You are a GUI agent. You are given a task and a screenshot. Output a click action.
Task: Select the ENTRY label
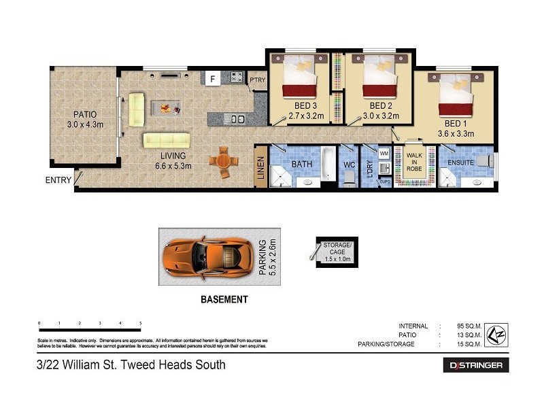[58, 180]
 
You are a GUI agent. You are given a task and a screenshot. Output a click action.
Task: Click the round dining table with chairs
[223, 163]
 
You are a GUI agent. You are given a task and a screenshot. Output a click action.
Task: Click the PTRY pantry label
[258, 80]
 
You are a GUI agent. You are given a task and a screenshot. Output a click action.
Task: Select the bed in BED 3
[300, 76]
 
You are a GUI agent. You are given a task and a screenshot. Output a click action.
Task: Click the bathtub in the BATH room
[328, 164]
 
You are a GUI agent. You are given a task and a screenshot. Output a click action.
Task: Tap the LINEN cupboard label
[260, 167]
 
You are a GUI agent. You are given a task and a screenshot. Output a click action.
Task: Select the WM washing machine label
[384, 154]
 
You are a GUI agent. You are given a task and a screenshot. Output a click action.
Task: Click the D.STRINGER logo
[476, 365]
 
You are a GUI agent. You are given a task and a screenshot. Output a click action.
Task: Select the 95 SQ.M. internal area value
[469, 326]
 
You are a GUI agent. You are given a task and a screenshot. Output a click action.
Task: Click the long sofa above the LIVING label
[166, 140]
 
